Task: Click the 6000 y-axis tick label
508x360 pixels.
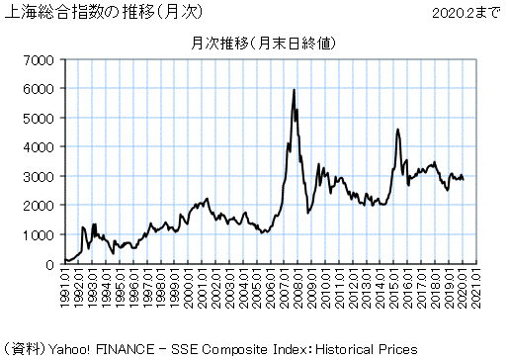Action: (x=37, y=89)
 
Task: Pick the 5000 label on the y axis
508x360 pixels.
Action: (x=37, y=118)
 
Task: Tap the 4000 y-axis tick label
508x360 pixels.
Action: (x=37, y=147)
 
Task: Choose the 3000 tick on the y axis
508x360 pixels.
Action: (x=37, y=176)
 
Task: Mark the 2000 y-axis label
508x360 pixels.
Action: (x=37, y=206)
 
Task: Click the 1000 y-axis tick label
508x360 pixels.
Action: (x=37, y=235)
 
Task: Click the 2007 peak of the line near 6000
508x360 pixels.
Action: (x=295, y=90)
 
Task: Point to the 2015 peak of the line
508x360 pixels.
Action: (x=397, y=130)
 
